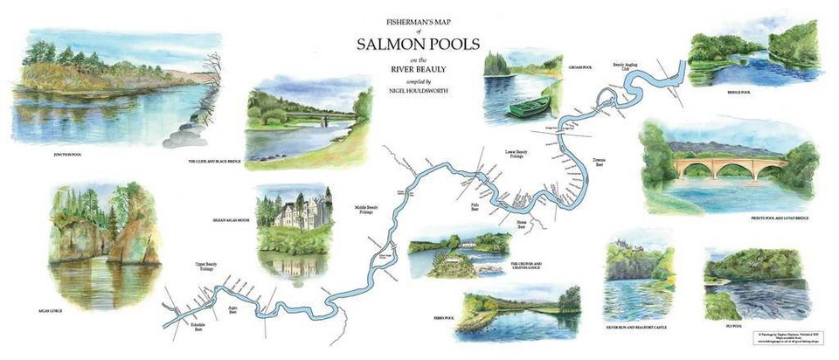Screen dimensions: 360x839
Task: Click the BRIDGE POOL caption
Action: coord(742,90)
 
